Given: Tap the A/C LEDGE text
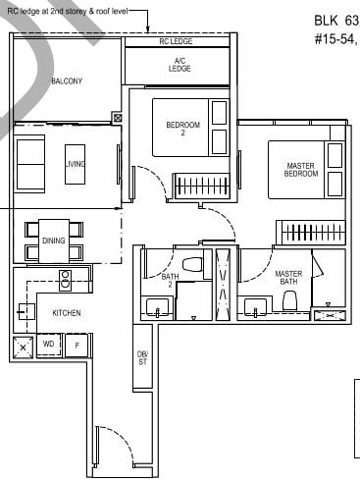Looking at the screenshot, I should coord(179,65).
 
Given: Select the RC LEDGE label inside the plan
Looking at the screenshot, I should coord(177,43).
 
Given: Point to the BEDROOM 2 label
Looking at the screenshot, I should coord(183,129).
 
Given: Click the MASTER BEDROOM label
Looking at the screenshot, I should coord(301,171).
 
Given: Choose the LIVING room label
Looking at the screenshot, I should coord(76,165).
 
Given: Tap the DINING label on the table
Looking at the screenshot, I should coord(54,240).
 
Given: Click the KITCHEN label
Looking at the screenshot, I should coord(66,312).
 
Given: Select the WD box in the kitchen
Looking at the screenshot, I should coord(49,345).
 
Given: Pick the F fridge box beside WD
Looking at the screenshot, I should coord(77,345).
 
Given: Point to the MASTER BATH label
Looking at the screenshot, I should coord(287,278).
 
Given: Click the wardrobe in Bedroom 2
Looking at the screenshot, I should coord(200,185).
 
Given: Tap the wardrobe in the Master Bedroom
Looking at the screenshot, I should coord(310,233).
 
